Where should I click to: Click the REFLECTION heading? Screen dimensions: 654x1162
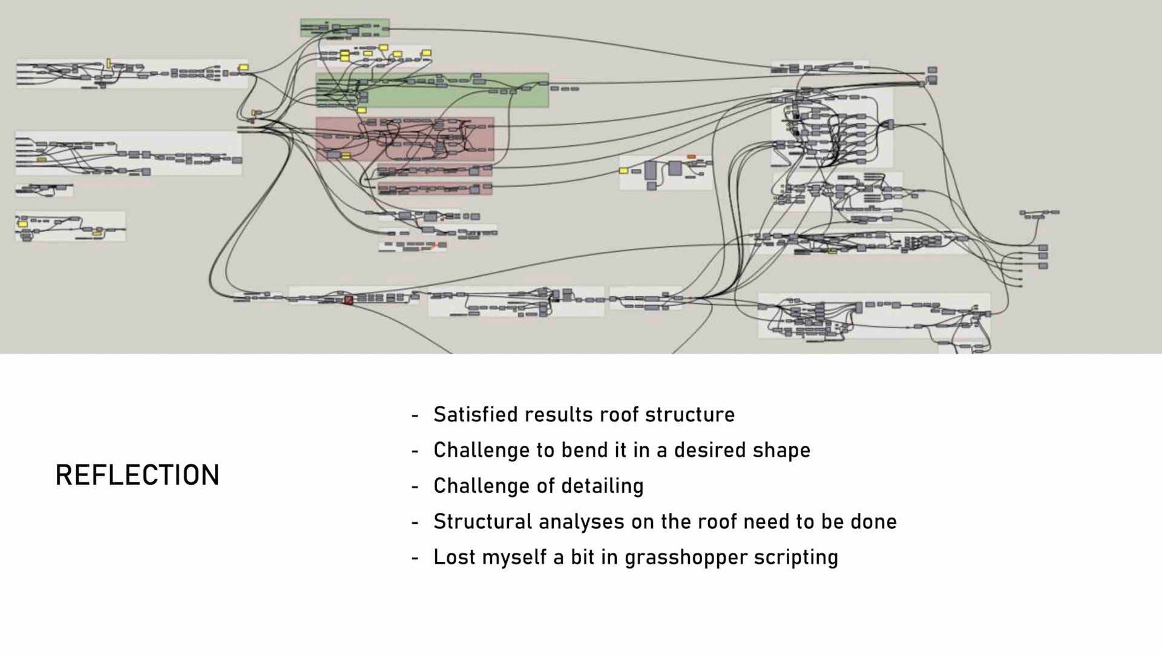[137, 475]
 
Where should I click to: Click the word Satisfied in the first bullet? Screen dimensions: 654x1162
[476, 415]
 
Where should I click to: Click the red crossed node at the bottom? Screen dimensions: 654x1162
[349, 300]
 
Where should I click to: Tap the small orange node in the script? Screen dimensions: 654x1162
[691, 157]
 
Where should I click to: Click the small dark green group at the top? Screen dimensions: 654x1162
[345, 27]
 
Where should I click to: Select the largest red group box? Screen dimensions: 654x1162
[404, 139]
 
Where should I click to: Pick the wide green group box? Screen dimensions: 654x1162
[432, 90]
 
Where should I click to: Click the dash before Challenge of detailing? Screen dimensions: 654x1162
[415, 486]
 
